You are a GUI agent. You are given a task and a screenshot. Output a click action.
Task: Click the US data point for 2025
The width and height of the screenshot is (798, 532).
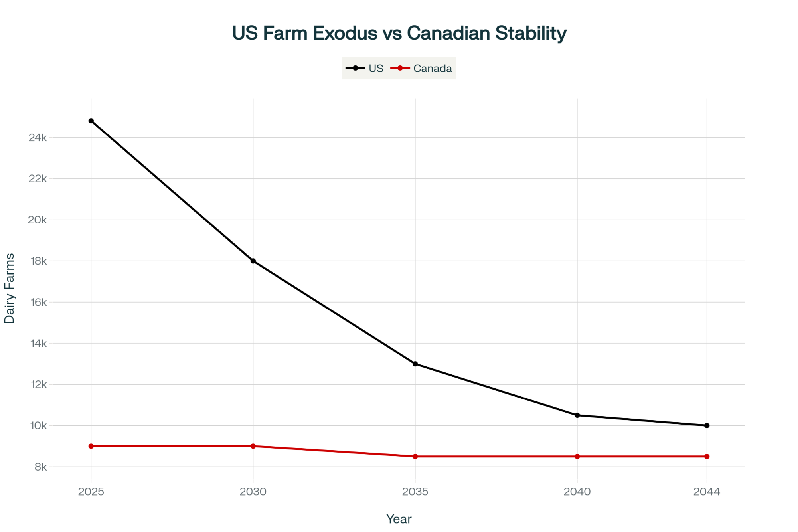point(91,121)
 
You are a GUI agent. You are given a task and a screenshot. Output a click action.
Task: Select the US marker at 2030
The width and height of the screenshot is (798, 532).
point(253,261)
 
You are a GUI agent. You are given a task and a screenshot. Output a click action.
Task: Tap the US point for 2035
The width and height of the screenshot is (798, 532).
point(415,364)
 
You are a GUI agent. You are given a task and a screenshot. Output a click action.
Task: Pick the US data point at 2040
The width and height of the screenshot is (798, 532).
point(577,415)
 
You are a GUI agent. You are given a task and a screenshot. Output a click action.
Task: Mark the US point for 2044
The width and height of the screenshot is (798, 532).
point(707,425)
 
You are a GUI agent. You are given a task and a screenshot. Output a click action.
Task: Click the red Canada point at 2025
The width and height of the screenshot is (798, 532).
point(91,446)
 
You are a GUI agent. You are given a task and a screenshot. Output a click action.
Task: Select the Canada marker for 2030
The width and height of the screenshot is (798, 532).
point(253,446)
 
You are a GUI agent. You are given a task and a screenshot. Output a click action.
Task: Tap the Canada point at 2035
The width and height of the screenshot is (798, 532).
point(415,457)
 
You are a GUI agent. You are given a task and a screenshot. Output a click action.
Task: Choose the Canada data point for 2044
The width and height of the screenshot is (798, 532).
point(707,457)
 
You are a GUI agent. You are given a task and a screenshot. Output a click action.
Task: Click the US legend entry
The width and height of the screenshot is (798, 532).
point(365,69)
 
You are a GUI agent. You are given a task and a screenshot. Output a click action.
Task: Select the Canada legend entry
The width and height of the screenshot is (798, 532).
point(421,69)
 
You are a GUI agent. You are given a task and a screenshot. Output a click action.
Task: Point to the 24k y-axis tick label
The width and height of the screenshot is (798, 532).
point(38,138)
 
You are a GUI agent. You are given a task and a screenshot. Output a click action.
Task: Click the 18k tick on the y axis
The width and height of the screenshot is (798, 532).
point(38,261)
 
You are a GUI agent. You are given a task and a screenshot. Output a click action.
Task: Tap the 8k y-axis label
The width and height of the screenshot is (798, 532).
point(41,467)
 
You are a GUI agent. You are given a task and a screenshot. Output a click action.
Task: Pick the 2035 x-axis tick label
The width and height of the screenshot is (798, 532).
point(415,492)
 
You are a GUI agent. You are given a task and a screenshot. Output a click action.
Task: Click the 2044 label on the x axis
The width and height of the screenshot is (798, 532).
point(707,492)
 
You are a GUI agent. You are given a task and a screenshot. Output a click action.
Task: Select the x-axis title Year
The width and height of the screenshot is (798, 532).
point(399,519)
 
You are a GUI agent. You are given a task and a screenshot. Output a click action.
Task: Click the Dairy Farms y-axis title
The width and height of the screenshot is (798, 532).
point(9,289)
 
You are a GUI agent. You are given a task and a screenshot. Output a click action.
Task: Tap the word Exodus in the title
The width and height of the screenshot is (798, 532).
point(345,33)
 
